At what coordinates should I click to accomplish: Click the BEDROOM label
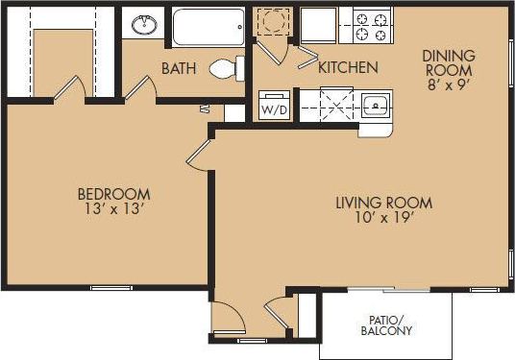[x=114, y=193]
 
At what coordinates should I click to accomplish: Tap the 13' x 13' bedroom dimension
[x=114, y=208]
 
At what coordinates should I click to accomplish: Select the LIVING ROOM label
[x=383, y=203]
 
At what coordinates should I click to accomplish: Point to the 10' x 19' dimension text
[x=383, y=218]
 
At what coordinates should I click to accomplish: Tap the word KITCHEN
[x=347, y=68]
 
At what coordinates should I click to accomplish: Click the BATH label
[x=180, y=68]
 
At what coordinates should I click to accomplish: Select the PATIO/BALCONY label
[x=389, y=325]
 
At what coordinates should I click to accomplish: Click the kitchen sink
[x=374, y=105]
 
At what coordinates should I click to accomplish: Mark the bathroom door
[x=140, y=86]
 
